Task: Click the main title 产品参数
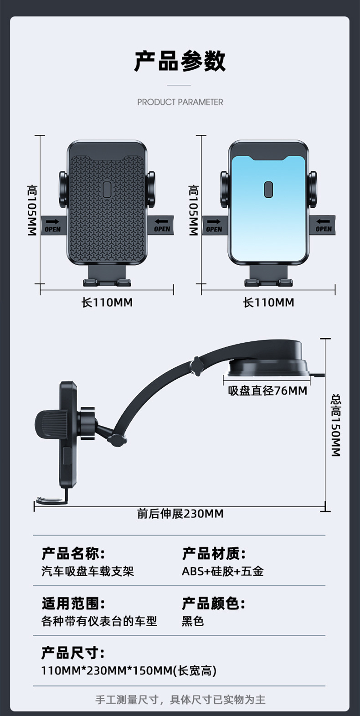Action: [180, 61]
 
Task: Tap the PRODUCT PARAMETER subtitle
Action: [180, 102]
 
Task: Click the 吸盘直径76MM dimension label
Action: [267, 391]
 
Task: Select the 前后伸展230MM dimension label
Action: [180, 514]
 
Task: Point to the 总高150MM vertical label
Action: [335, 425]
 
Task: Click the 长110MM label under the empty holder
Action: [107, 302]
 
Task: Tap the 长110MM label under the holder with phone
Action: [268, 302]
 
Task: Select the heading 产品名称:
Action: [73, 554]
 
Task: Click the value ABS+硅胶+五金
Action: [222, 571]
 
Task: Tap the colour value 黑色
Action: [193, 621]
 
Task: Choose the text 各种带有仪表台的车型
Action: [99, 621]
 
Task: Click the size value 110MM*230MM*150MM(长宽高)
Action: [129, 670]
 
